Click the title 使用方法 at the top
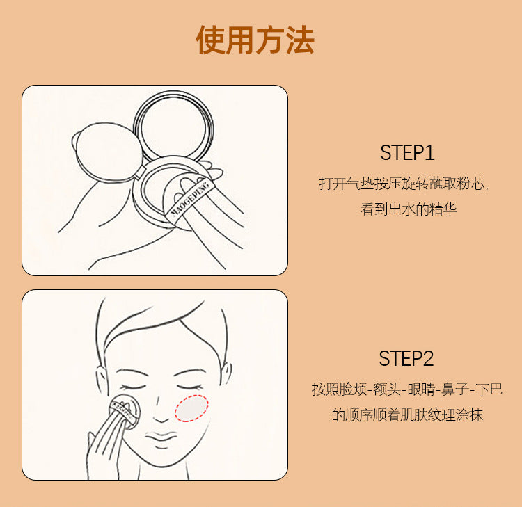(x=255, y=40)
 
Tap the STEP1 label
(x=407, y=153)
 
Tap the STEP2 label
(x=406, y=359)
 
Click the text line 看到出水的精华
(x=408, y=209)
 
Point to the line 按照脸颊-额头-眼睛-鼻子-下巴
(x=407, y=389)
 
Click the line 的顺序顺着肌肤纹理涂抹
(x=407, y=415)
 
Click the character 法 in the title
(x=299, y=40)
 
